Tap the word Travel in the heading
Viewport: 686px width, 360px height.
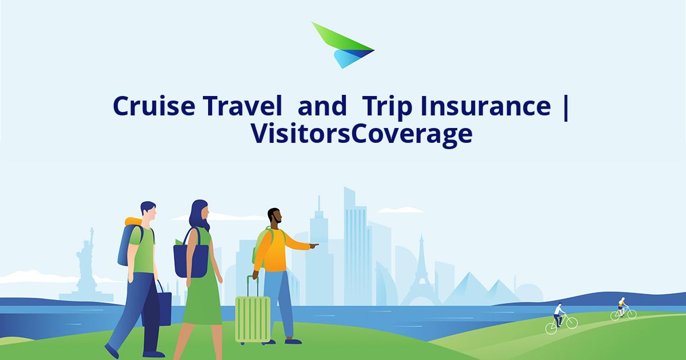coord(241,106)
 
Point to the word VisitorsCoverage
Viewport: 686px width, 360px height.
coord(361,134)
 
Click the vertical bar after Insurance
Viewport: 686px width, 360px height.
coord(565,107)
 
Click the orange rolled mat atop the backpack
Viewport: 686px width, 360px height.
coord(133,222)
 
